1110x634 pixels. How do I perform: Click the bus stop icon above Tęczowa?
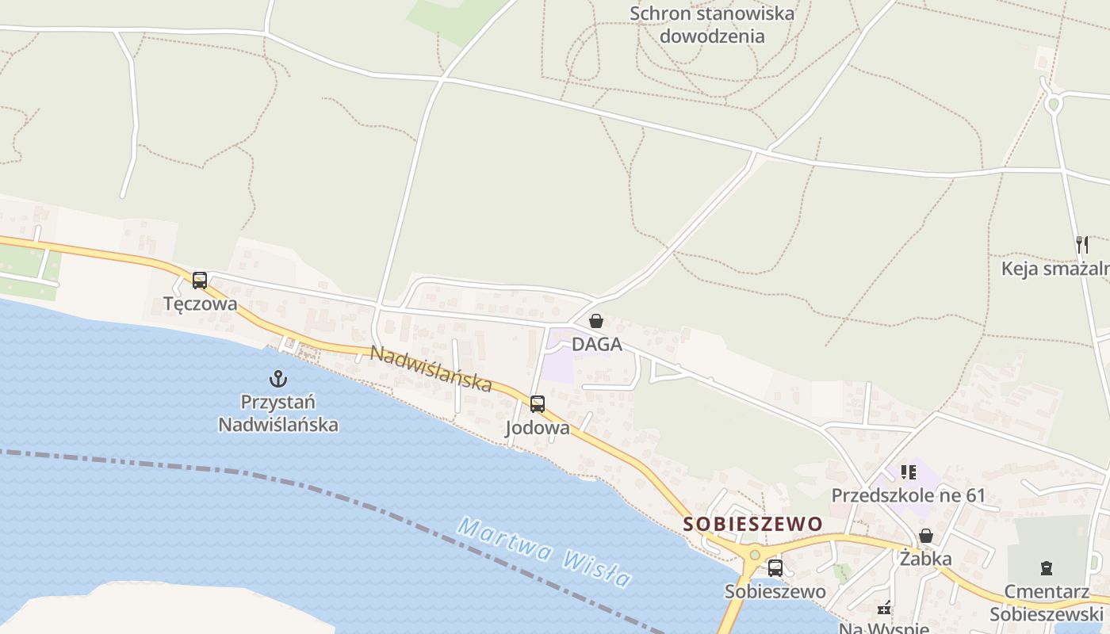point(200,280)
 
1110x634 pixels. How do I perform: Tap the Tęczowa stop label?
point(200,304)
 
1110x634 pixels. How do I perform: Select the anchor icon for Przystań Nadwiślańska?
point(277,378)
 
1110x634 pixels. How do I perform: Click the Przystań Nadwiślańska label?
point(277,413)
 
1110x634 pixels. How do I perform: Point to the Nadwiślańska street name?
point(431,369)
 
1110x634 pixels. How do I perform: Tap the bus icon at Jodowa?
point(538,403)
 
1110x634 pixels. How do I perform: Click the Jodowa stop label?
point(538,428)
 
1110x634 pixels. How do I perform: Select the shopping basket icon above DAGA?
point(596,321)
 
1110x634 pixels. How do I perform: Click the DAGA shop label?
point(596,345)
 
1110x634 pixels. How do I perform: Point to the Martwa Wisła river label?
point(545,552)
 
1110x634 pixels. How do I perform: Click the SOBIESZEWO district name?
point(753,524)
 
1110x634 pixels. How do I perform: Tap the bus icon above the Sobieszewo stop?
point(775,567)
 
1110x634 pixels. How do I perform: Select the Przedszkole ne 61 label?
point(908,496)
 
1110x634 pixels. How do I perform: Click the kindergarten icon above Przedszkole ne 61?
point(909,472)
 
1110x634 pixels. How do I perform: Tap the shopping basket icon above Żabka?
point(925,536)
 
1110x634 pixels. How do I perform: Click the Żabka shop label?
point(925,559)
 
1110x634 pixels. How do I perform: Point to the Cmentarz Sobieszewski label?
point(1047,602)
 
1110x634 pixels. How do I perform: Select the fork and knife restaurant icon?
point(1082,244)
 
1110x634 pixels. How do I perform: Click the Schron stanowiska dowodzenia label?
point(712,25)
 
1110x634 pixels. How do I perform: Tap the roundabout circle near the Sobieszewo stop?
point(754,555)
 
